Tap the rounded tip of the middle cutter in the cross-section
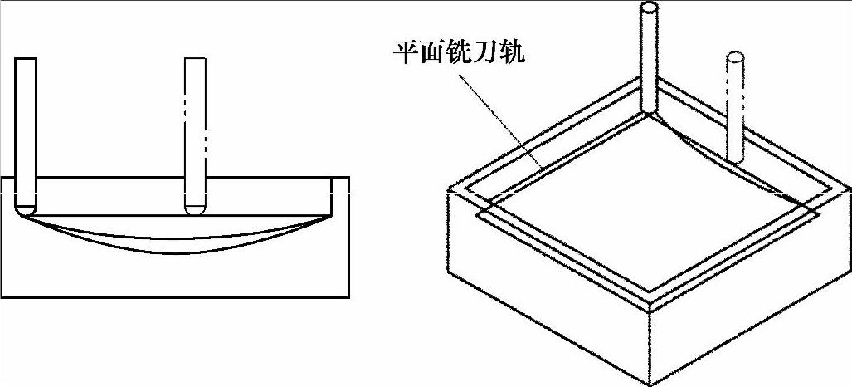(x=195, y=207)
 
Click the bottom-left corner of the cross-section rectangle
(x=3, y=296)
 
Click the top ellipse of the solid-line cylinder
(x=650, y=9)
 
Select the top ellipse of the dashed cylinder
(x=734, y=57)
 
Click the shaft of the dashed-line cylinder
(x=734, y=108)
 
